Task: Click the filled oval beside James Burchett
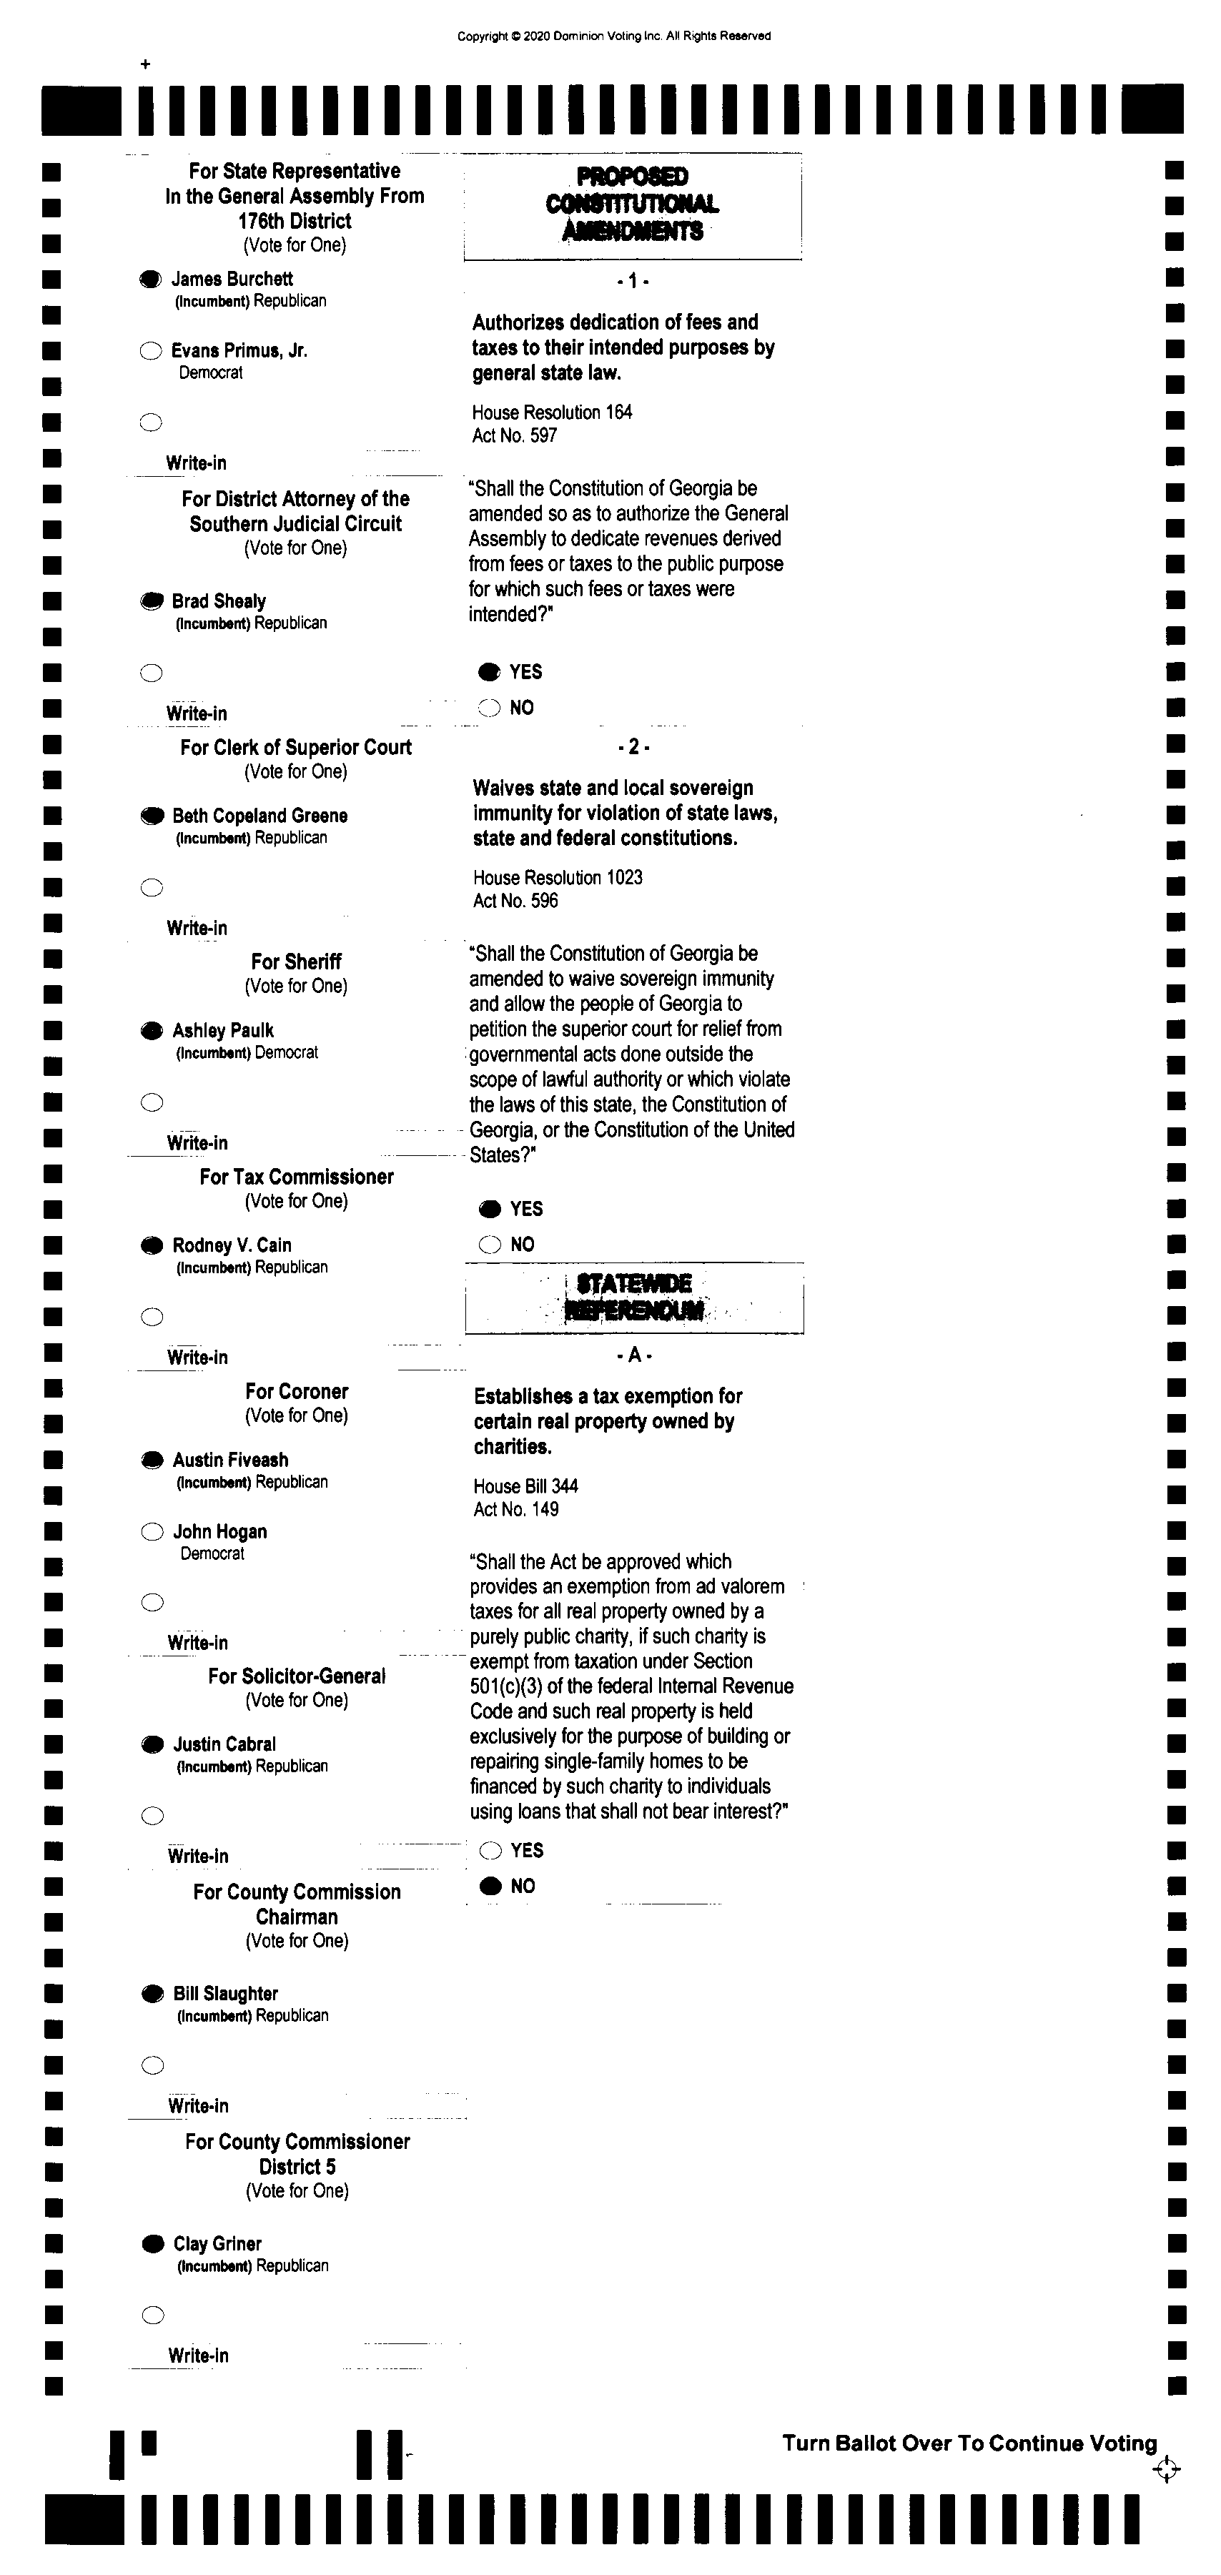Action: click(x=150, y=279)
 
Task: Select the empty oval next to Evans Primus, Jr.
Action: click(x=150, y=351)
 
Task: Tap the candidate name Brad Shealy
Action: click(x=218, y=600)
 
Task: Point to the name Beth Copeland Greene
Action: click(x=259, y=816)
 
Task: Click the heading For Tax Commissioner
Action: click(x=296, y=1177)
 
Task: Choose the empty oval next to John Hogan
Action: click(x=152, y=1531)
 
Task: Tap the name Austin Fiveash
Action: click(x=230, y=1460)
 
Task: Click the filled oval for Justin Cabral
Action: click(x=152, y=1744)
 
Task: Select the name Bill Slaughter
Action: click(x=225, y=1993)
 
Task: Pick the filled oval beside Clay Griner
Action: click(x=152, y=2243)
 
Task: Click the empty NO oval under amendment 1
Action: click(x=489, y=708)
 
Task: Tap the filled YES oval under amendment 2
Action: click(x=490, y=1209)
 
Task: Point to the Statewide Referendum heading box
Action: click(x=634, y=1297)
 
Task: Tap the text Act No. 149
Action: click(x=516, y=1509)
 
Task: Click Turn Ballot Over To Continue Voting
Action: click(x=969, y=2443)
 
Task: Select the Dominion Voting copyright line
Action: click(x=614, y=36)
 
